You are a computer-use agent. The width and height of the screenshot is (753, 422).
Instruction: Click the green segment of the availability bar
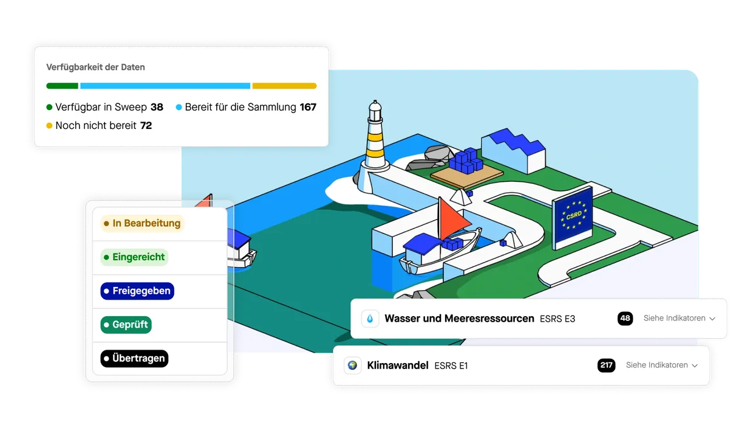(62, 86)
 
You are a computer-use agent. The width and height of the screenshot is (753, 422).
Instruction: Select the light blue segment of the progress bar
(165, 86)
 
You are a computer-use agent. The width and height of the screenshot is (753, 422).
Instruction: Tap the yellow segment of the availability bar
(284, 86)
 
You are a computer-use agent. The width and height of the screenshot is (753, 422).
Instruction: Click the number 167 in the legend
(308, 107)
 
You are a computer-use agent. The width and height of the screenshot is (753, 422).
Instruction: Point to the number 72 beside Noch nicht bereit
(146, 125)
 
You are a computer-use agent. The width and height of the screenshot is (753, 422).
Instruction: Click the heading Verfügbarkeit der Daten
(95, 67)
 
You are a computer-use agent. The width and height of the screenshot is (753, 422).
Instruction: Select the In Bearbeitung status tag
(142, 223)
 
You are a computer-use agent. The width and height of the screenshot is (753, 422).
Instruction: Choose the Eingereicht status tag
(134, 257)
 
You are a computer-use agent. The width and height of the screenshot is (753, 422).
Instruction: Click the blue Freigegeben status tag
(137, 291)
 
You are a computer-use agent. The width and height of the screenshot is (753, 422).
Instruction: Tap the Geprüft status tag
(126, 325)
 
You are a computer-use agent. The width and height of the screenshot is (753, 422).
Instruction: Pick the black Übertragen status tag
(134, 358)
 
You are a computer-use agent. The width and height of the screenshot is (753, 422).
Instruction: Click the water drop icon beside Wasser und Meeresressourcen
(370, 319)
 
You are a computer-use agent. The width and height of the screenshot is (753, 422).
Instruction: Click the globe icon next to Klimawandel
(352, 365)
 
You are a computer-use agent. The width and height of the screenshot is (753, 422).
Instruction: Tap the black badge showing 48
(625, 319)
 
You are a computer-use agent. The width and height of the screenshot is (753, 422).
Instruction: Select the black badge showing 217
(606, 365)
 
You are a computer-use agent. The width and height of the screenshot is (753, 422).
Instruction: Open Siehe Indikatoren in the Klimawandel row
(662, 365)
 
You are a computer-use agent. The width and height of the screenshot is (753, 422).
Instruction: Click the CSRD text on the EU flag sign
(574, 215)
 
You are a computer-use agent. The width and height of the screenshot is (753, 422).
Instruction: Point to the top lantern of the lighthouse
(375, 111)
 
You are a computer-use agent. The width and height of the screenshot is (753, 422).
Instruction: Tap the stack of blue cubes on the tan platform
(466, 161)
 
